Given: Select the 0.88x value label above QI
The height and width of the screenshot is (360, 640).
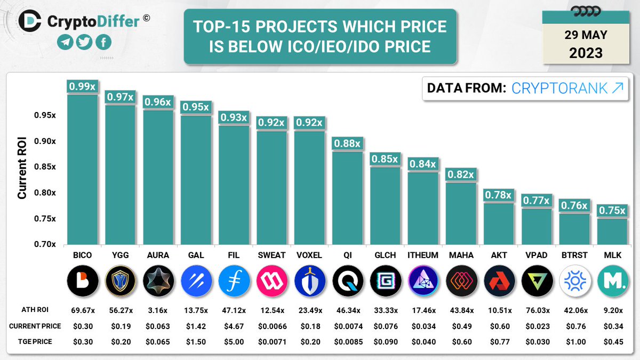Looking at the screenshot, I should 347,143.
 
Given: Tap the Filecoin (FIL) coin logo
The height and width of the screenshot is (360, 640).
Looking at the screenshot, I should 234,281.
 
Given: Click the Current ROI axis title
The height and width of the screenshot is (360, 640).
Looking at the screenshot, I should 22,167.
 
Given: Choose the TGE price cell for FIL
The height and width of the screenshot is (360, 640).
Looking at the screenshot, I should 234,342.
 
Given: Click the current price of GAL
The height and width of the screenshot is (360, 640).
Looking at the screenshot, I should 196,326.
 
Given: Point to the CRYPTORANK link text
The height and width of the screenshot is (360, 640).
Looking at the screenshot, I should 567,88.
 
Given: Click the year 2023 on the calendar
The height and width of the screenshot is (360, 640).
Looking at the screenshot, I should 586,53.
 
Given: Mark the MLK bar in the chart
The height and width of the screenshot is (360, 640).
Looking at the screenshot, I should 612,231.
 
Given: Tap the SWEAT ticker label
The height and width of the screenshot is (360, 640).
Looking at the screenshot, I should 271,255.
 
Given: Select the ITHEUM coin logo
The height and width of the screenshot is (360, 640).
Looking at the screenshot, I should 423,281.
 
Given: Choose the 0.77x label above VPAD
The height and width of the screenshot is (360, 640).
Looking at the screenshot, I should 536,201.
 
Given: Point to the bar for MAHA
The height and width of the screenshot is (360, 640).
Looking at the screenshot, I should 461,213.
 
